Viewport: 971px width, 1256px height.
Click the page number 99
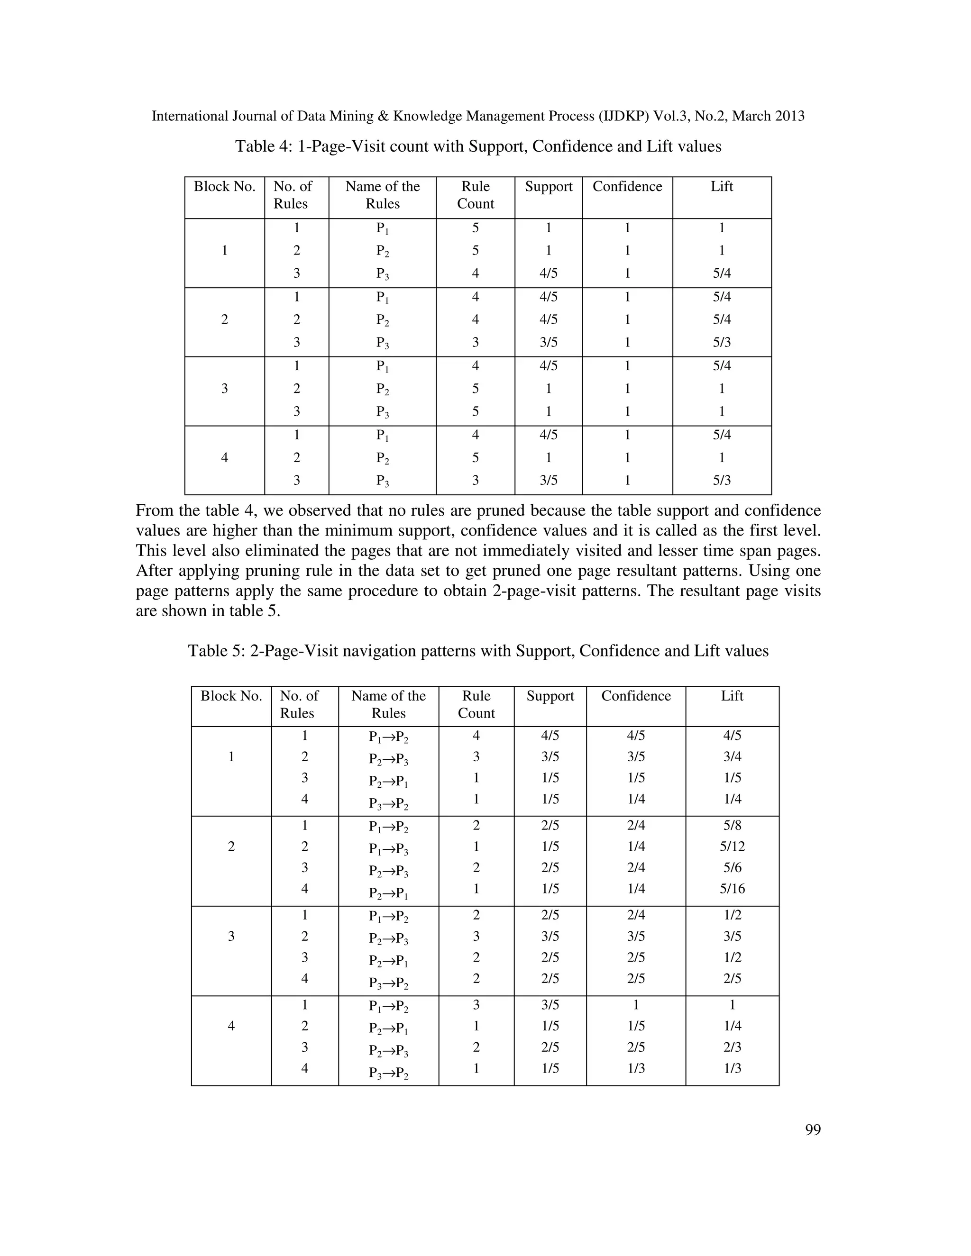[x=812, y=1129]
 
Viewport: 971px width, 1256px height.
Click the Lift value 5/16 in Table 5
[x=732, y=889]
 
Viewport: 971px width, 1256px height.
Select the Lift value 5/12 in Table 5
[x=732, y=846]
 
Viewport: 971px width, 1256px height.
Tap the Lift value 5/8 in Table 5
[x=732, y=825]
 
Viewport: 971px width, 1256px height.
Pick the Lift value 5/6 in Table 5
[x=732, y=868]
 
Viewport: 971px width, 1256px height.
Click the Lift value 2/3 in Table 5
[x=732, y=1047]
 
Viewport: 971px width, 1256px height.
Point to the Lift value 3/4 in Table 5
[x=732, y=757]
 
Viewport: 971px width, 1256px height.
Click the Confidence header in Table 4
[x=627, y=186]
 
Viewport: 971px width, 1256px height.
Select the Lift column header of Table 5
[x=732, y=696]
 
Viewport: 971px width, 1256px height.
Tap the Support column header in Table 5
[x=550, y=696]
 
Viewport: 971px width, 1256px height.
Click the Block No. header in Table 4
[x=224, y=186]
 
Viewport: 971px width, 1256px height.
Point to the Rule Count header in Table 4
[x=475, y=195]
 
